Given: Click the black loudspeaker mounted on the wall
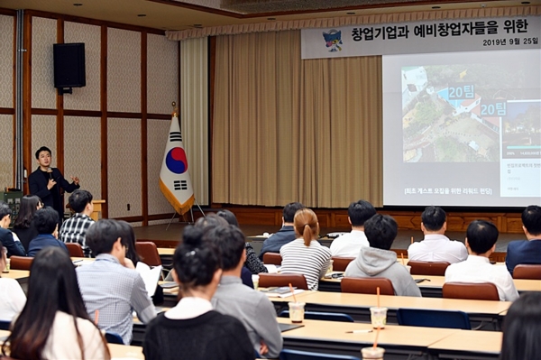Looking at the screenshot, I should [69, 65].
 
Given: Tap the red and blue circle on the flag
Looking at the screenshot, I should [177, 160].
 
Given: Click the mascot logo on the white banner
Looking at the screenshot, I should [332, 40].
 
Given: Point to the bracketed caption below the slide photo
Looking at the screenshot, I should [435, 191].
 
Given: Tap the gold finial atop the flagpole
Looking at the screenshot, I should [174, 107].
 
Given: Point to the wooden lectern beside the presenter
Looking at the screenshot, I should [97, 209].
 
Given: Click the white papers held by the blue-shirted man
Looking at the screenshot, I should [149, 275].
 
